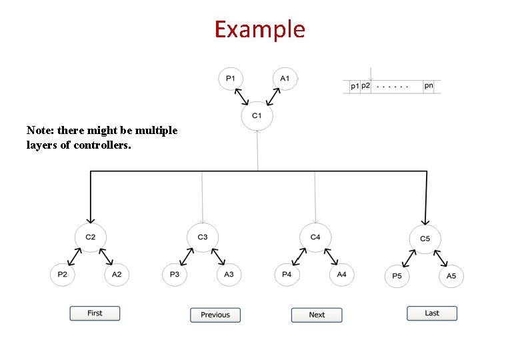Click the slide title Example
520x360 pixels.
[259, 30]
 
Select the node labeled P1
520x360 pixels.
[230, 79]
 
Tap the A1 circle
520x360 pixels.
[285, 79]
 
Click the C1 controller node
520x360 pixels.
[257, 116]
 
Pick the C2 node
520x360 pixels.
[91, 237]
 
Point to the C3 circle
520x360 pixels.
[203, 237]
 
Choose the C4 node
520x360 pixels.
[315, 237]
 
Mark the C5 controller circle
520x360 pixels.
[425, 238]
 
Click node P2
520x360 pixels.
[63, 274]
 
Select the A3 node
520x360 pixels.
[229, 274]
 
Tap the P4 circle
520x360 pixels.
[287, 274]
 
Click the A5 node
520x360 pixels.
[451, 275]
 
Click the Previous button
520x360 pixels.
[215, 315]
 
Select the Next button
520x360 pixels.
[317, 315]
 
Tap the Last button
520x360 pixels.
[432, 313]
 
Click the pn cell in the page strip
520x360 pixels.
[429, 86]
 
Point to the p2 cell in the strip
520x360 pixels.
[365, 86]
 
